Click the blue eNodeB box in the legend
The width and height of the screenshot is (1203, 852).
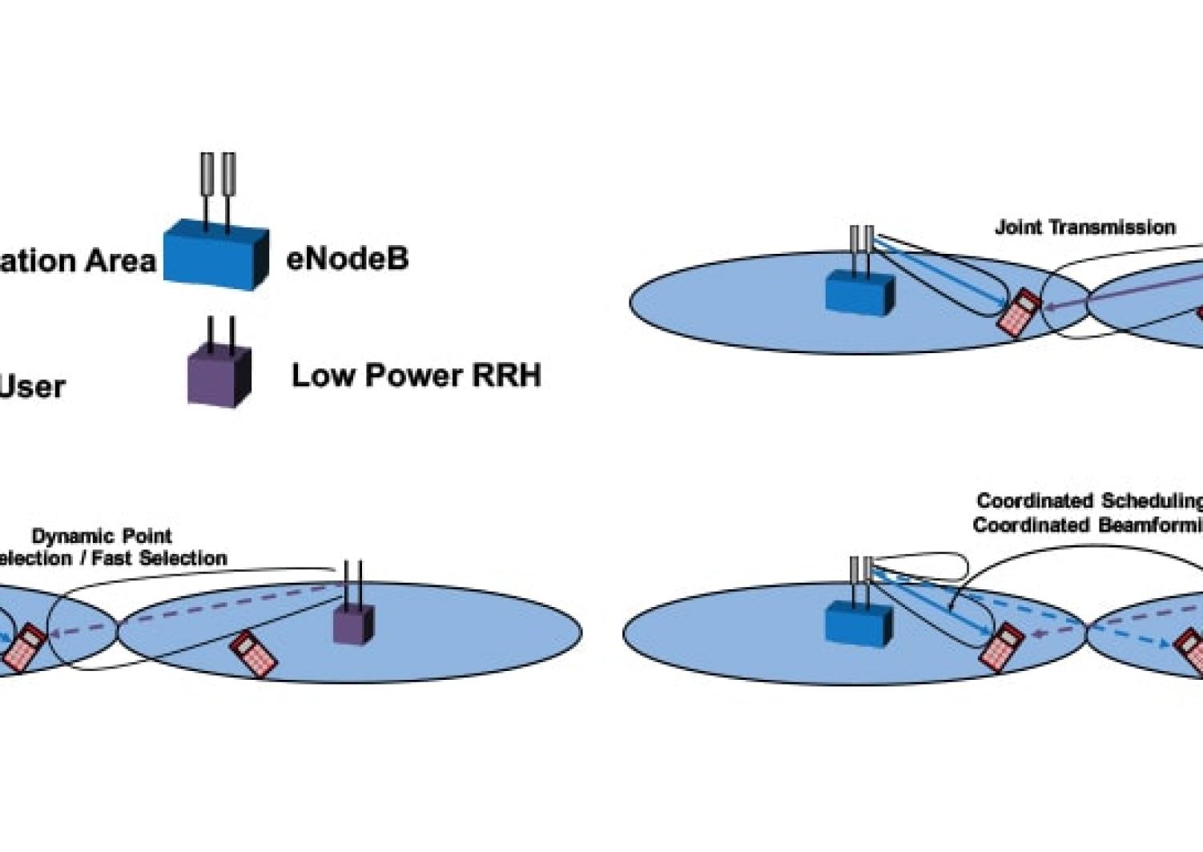pos(215,255)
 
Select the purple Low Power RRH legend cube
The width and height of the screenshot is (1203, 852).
pos(219,376)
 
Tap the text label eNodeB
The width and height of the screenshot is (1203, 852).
pos(347,259)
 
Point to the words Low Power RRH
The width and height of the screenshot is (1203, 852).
pos(416,376)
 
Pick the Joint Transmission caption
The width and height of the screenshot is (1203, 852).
pos(1084,227)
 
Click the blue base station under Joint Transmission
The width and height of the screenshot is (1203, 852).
pos(859,293)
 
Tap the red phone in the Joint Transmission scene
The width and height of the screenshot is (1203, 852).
pos(1019,313)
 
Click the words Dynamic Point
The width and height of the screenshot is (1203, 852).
pos(102,536)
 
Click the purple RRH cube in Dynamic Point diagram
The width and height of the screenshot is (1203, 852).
pos(353,624)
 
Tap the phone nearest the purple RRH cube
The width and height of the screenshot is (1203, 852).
pos(253,653)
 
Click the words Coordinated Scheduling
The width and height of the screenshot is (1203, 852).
pos(1089,501)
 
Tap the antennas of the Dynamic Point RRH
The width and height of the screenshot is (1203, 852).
pos(353,581)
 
